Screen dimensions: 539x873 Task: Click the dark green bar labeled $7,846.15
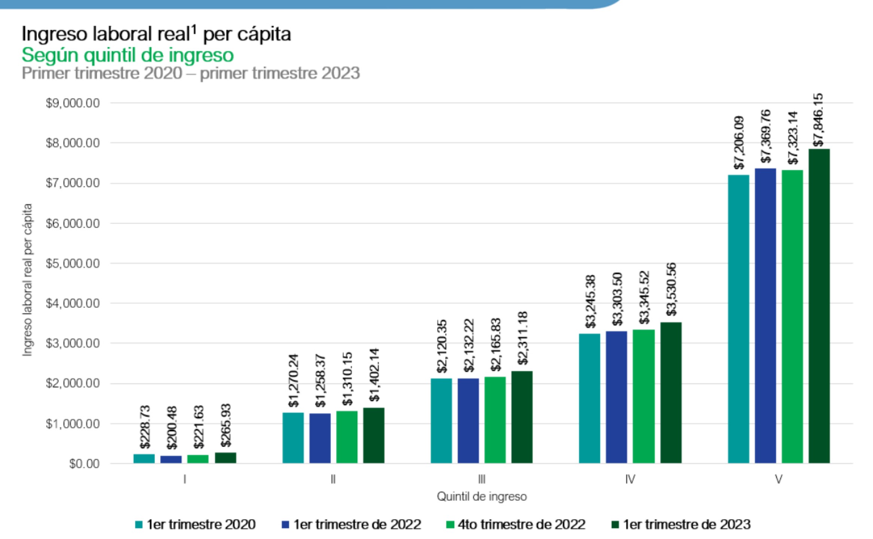(x=819, y=306)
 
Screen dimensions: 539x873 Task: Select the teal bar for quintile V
(x=738, y=319)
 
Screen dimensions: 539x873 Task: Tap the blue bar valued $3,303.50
(x=616, y=397)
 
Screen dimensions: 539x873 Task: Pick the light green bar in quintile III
(x=495, y=420)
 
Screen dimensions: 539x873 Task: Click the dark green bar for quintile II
(x=373, y=435)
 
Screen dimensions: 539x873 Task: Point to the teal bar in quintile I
(x=144, y=459)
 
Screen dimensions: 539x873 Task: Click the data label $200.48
(x=172, y=428)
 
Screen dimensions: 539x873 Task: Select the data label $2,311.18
(x=522, y=338)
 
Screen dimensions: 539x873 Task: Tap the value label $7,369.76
(x=766, y=136)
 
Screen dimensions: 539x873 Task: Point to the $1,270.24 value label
(x=294, y=381)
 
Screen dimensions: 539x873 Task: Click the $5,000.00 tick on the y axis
(x=73, y=264)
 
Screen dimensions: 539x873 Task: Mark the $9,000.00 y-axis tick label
(x=73, y=103)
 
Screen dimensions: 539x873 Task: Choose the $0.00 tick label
(x=84, y=464)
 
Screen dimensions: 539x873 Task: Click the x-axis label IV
(x=630, y=479)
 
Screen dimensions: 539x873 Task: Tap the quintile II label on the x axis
(x=333, y=479)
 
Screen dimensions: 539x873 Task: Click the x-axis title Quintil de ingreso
(x=482, y=497)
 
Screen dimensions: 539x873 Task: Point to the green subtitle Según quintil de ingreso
(x=128, y=55)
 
